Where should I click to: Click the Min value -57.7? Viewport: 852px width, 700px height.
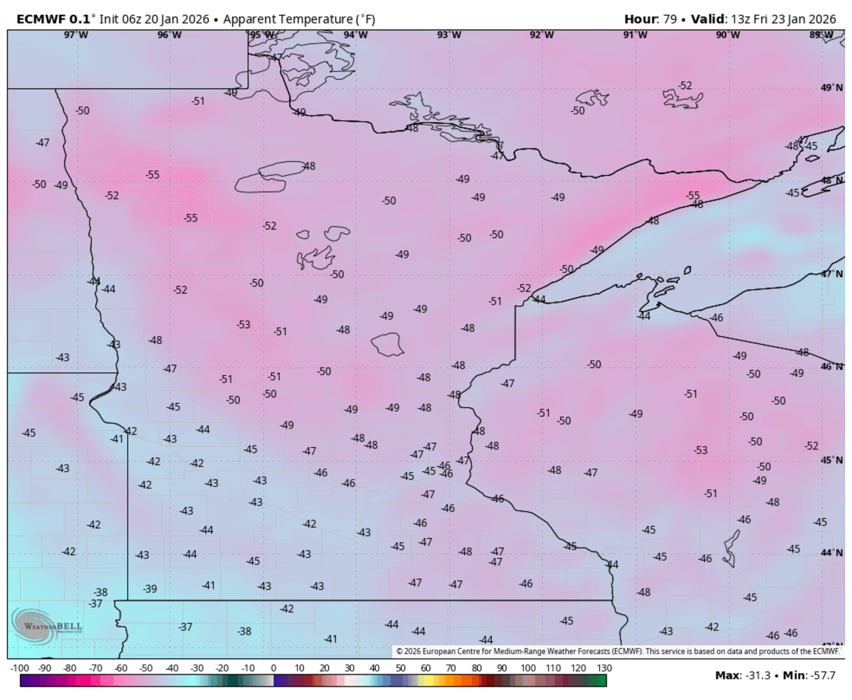(823, 674)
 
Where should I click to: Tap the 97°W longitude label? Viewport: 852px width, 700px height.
(76, 35)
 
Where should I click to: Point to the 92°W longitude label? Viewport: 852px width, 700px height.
(542, 35)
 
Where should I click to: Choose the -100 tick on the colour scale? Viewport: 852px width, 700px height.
(19, 669)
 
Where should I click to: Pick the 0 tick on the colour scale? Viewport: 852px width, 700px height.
(273, 669)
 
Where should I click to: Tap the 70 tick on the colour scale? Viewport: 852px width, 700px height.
(451, 669)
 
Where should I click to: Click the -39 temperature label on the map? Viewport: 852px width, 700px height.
(150, 588)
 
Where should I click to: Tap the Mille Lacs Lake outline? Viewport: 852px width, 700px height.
(388, 345)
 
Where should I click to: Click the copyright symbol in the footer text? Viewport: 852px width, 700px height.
(399, 651)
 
